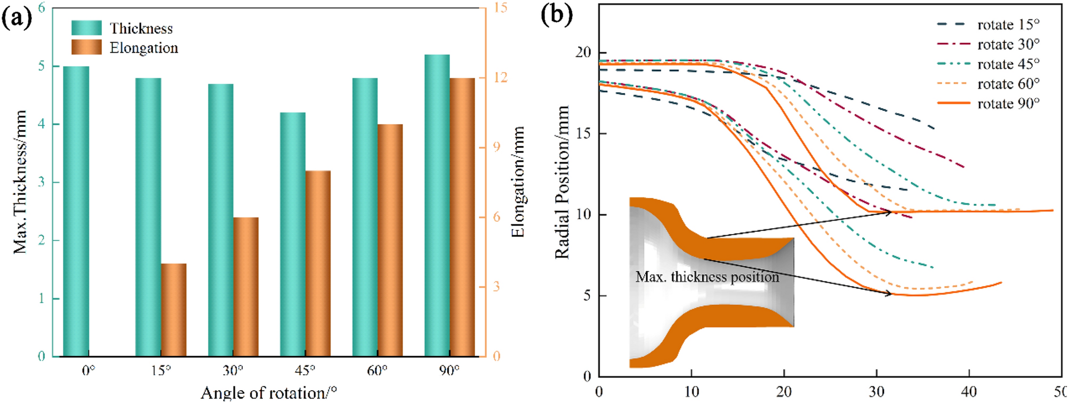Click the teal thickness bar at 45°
tap(293, 235)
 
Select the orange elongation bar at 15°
tap(174, 310)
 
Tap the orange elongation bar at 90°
tap(462, 217)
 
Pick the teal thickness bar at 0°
tap(76, 211)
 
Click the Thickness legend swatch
tap(86, 28)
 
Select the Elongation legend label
tap(144, 48)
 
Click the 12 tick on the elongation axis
tap(500, 77)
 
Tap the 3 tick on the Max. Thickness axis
tap(41, 182)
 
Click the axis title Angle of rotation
tap(268, 393)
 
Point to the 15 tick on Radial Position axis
tap(583, 133)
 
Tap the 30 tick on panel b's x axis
tap(877, 392)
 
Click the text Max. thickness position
tap(707, 277)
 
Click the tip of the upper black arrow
tap(892, 212)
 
